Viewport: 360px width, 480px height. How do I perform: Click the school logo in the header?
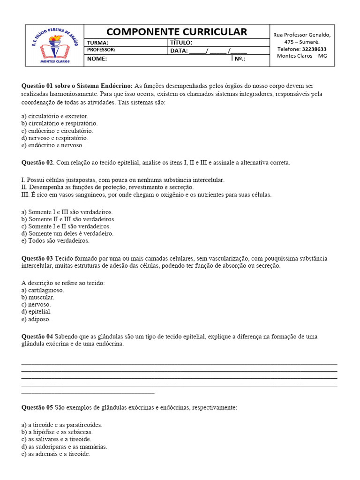54,45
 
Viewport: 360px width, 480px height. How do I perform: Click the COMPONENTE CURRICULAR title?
176,32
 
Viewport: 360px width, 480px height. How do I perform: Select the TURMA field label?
97,43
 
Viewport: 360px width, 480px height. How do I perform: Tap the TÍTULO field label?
181,43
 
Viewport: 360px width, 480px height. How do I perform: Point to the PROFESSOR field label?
101,50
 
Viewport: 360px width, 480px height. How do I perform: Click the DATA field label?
179,51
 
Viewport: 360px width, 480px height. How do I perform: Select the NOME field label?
97,59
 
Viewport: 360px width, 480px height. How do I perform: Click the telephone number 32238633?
315,49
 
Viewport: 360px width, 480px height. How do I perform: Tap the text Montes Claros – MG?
302,56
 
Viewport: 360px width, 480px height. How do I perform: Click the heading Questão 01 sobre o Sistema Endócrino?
77,86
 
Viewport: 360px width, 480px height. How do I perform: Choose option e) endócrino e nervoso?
52,145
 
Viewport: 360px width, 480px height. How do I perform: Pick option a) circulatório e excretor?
55,116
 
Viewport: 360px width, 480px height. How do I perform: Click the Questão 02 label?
38,163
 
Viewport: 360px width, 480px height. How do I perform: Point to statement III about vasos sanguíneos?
146,195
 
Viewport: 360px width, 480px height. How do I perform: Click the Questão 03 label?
37,258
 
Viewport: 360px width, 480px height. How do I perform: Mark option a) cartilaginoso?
43,290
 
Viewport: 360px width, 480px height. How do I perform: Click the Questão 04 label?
37,336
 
